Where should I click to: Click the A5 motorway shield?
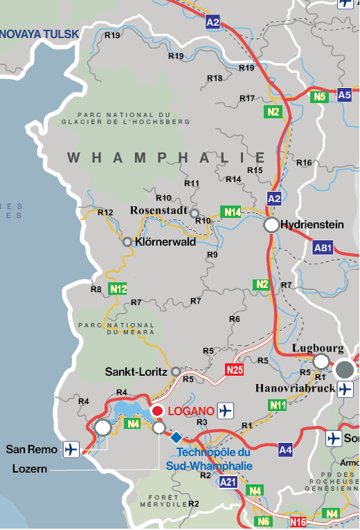(x=344, y=95)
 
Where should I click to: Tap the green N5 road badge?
(x=318, y=97)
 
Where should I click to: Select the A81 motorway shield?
(x=323, y=247)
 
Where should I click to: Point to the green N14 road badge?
(x=231, y=212)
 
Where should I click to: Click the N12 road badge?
(x=118, y=289)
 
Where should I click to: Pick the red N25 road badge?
(x=235, y=370)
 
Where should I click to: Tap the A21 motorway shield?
(x=228, y=482)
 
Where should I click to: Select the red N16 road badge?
(x=298, y=522)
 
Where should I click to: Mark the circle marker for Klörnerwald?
(x=127, y=242)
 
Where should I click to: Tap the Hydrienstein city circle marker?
(x=271, y=225)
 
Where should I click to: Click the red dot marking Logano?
(x=157, y=411)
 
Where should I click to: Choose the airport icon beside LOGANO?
(x=226, y=411)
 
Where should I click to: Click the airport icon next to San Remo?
(x=71, y=449)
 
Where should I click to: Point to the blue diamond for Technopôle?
(x=177, y=437)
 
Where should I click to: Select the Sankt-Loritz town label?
(x=136, y=372)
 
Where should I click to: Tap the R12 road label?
(x=105, y=212)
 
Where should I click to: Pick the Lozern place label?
(x=30, y=468)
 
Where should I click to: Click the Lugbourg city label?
(x=318, y=347)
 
